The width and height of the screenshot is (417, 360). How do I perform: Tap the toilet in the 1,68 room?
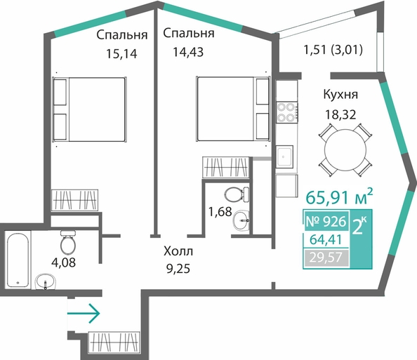coord(237,194)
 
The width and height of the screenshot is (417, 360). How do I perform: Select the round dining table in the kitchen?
coord(345,149)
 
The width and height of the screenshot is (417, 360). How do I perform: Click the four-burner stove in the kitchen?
coord(286,112)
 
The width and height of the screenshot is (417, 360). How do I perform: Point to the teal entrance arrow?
coord(84,314)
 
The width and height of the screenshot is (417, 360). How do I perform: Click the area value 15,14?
coord(121,54)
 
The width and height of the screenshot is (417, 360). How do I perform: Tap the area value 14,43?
coord(188,52)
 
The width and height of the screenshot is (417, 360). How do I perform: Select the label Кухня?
coord(340,95)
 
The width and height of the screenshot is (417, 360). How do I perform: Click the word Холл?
coord(178,251)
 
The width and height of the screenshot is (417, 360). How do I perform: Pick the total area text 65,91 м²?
coord(339,197)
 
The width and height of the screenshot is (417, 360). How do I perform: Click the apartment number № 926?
coord(326,221)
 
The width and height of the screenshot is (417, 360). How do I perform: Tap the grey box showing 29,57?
coord(326,258)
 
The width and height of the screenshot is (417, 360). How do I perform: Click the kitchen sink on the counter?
coord(284,156)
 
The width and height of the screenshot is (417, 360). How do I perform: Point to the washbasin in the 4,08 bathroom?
coord(46,281)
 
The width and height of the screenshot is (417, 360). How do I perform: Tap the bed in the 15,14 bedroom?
coord(89,109)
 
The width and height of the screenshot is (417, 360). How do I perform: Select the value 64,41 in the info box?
coord(326,240)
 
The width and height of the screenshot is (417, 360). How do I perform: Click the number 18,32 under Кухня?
coord(340,114)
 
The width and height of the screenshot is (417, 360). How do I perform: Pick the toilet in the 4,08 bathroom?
coord(68,242)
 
